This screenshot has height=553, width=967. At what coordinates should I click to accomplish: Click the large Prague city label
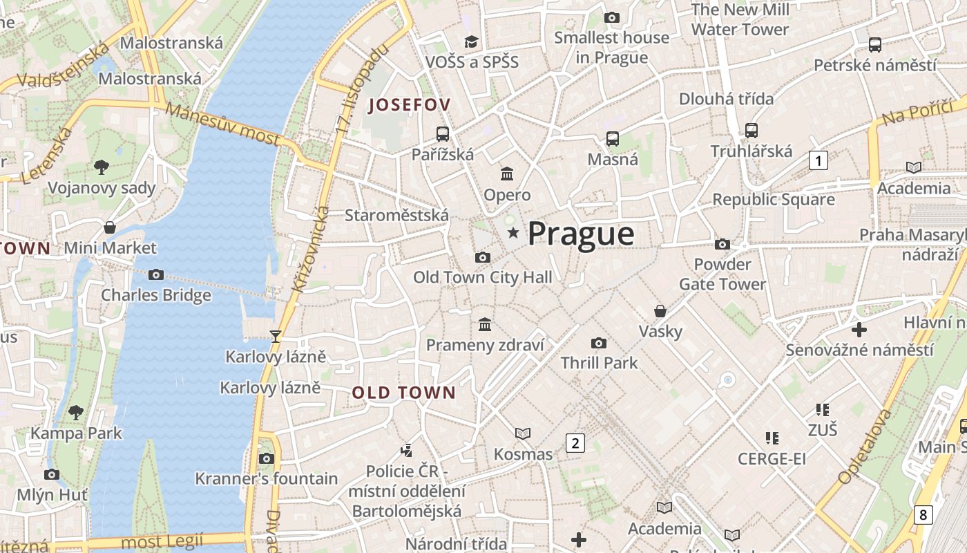click(581, 234)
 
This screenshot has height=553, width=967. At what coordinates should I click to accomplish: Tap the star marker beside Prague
click(513, 233)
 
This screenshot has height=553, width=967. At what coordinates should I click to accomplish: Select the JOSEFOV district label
click(410, 105)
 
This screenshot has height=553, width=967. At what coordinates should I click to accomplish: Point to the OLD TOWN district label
click(404, 393)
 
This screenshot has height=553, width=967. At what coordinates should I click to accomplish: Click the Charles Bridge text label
click(156, 295)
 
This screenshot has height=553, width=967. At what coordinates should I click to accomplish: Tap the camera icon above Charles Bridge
click(156, 274)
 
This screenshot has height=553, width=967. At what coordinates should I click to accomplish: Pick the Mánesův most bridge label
click(222, 124)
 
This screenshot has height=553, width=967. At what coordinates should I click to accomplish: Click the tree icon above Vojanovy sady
click(102, 167)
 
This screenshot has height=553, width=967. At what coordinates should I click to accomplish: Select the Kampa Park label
click(76, 433)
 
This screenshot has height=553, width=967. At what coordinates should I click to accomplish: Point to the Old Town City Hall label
click(482, 277)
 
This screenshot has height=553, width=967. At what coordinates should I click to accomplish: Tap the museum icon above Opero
click(507, 174)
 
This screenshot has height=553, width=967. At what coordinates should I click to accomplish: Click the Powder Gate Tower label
click(722, 274)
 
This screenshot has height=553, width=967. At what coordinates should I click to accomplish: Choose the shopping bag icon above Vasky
click(660, 310)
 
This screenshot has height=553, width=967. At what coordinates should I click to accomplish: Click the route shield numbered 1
click(818, 161)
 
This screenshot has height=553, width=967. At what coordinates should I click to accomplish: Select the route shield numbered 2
click(575, 442)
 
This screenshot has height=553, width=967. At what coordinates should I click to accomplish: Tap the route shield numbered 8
click(922, 514)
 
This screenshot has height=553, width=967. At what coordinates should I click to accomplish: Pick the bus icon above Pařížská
click(443, 133)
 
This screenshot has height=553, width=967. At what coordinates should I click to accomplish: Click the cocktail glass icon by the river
click(276, 336)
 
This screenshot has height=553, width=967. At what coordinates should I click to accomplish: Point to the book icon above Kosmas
click(523, 433)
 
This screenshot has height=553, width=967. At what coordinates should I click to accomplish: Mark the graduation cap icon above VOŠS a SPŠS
click(472, 41)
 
